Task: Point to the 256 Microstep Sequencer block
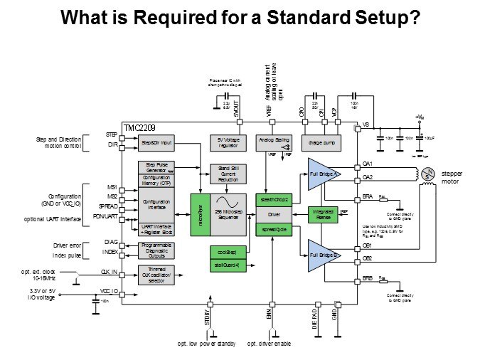[227, 214]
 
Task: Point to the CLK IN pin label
[109, 272]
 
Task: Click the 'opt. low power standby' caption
[207, 344]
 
